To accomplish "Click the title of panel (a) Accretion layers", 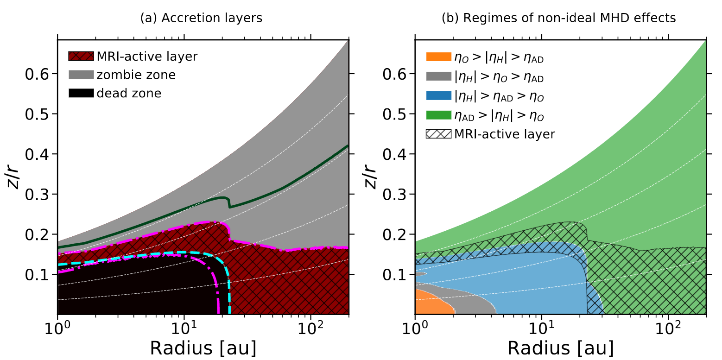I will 201,18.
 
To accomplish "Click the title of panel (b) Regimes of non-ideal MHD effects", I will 559,18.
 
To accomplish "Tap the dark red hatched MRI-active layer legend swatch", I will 81,57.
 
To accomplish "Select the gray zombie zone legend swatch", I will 81,75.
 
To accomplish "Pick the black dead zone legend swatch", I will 81,93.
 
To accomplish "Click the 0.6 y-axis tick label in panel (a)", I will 38,74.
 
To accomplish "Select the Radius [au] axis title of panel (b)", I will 561,347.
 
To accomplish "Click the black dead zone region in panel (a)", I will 139,287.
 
